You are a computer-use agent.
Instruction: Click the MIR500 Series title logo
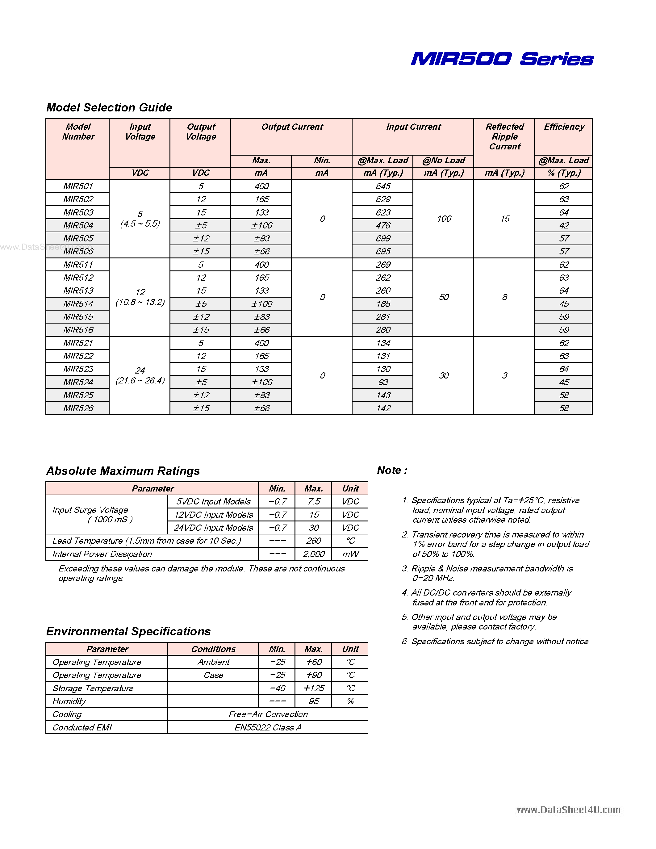502,59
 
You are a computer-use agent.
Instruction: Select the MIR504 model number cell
78,225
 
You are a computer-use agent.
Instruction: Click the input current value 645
383,186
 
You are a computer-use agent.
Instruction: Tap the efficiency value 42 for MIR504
563,225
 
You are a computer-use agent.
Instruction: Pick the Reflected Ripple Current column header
504,136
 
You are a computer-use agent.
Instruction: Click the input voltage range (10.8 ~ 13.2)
140,302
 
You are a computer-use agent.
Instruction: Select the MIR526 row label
78,408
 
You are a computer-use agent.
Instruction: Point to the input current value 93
383,382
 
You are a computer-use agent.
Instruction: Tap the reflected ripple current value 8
504,297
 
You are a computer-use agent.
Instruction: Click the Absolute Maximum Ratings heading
123,471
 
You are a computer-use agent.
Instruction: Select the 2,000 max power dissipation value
313,554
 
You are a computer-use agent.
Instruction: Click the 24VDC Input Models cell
213,528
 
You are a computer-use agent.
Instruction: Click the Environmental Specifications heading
128,631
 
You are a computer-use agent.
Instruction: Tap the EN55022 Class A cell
268,727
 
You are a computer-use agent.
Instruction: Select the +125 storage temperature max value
313,688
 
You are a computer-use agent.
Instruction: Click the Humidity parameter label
69,701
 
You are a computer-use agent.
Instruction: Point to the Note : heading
392,471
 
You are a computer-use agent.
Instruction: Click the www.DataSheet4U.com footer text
568,810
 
